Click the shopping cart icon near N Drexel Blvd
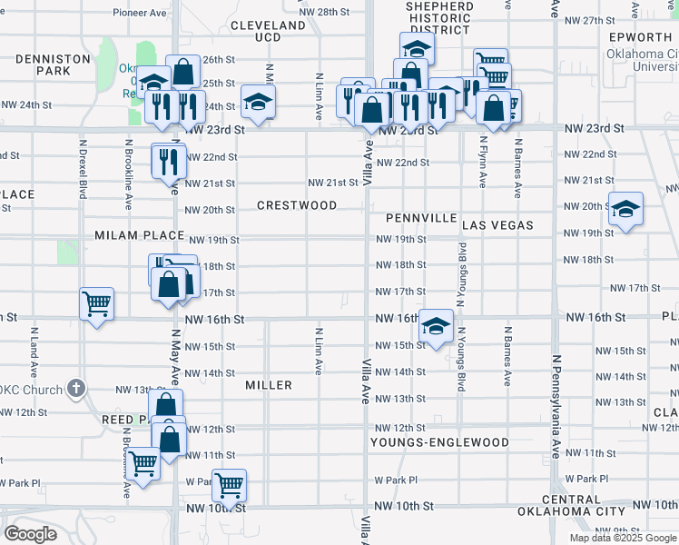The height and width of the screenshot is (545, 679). (x=97, y=304)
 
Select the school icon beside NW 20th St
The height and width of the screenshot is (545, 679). (x=625, y=209)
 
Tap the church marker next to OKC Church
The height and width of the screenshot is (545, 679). (x=76, y=389)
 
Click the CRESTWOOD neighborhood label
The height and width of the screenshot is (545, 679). (x=297, y=205)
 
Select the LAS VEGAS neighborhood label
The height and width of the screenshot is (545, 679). (x=497, y=224)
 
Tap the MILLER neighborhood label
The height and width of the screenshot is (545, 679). (x=269, y=385)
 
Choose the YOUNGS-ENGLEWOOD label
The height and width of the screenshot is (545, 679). (x=439, y=442)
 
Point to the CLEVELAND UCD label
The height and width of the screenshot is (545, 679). (x=268, y=31)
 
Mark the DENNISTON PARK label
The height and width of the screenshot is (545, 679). (x=52, y=64)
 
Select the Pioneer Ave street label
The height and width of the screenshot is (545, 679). (x=140, y=13)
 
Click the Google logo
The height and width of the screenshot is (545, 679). (x=31, y=534)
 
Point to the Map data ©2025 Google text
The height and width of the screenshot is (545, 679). (x=622, y=538)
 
